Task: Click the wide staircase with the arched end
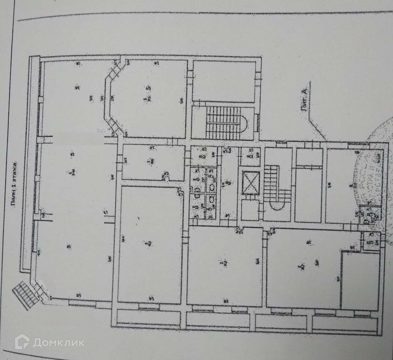pos(225,122)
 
